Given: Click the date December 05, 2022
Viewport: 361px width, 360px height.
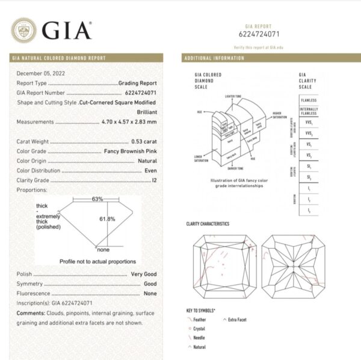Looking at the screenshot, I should [40, 72].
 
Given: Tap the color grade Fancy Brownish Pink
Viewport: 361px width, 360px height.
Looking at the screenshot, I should [130, 151].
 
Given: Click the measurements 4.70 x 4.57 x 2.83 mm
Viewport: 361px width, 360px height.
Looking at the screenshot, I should [128, 121].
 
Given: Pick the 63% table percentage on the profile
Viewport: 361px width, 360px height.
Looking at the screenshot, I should [97, 198].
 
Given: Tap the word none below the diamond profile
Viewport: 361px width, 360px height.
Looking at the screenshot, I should [104, 249].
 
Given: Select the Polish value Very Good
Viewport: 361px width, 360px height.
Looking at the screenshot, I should [144, 274].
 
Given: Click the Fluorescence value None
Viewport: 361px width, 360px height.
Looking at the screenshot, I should [150, 293].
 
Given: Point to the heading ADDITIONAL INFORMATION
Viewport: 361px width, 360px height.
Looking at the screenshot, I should [214, 58].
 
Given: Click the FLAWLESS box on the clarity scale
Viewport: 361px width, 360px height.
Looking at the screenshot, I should [310, 100].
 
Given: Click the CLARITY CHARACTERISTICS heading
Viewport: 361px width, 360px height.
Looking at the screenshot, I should [208, 224].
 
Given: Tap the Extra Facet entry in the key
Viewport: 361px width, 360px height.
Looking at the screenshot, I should [237, 320].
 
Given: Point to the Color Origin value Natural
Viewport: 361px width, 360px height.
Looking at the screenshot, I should [147, 160].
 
